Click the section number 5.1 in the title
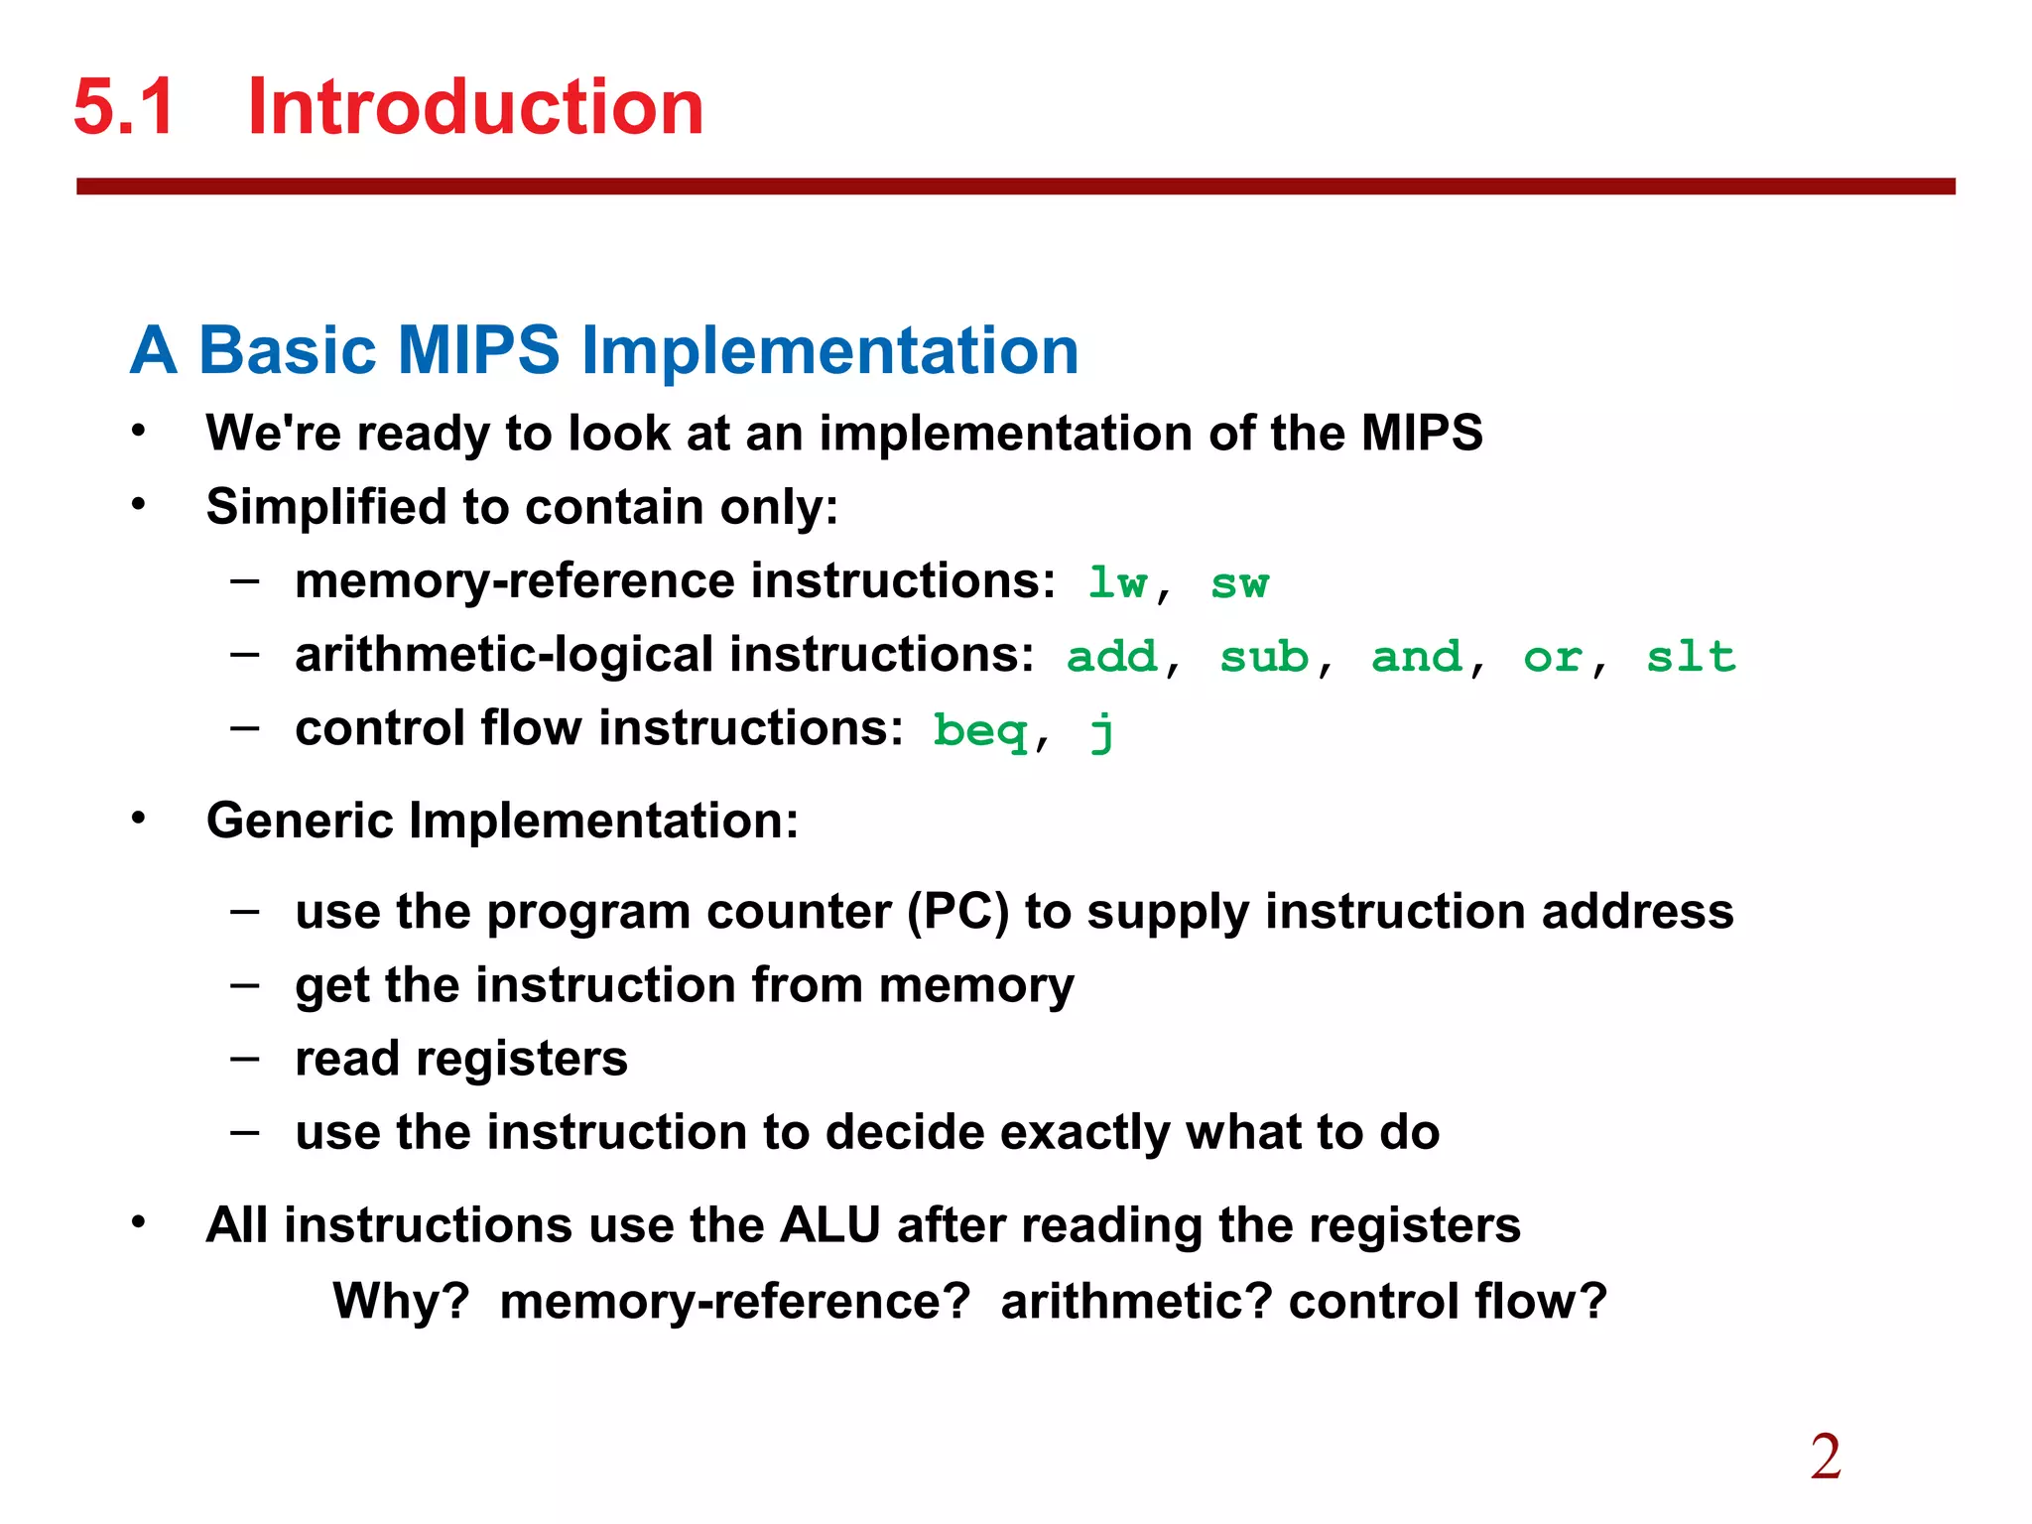point(124,107)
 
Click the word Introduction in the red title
point(475,107)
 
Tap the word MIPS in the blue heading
point(478,350)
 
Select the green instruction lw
point(1117,583)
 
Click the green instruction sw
point(1239,583)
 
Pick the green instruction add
point(1111,657)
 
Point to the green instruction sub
point(1264,657)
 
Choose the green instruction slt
point(1691,657)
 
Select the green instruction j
point(1101,732)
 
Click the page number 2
point(1826,1458)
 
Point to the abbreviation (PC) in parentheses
point(958,911)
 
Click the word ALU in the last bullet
point(830,1224)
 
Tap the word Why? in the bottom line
point(401,1301)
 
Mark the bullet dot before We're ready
point(139,432)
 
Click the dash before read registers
point(244,1059)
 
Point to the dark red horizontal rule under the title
point(1015,187)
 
